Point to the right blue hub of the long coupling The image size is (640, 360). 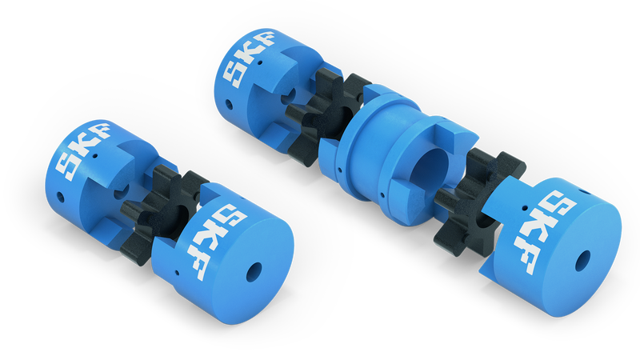point(560,248)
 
